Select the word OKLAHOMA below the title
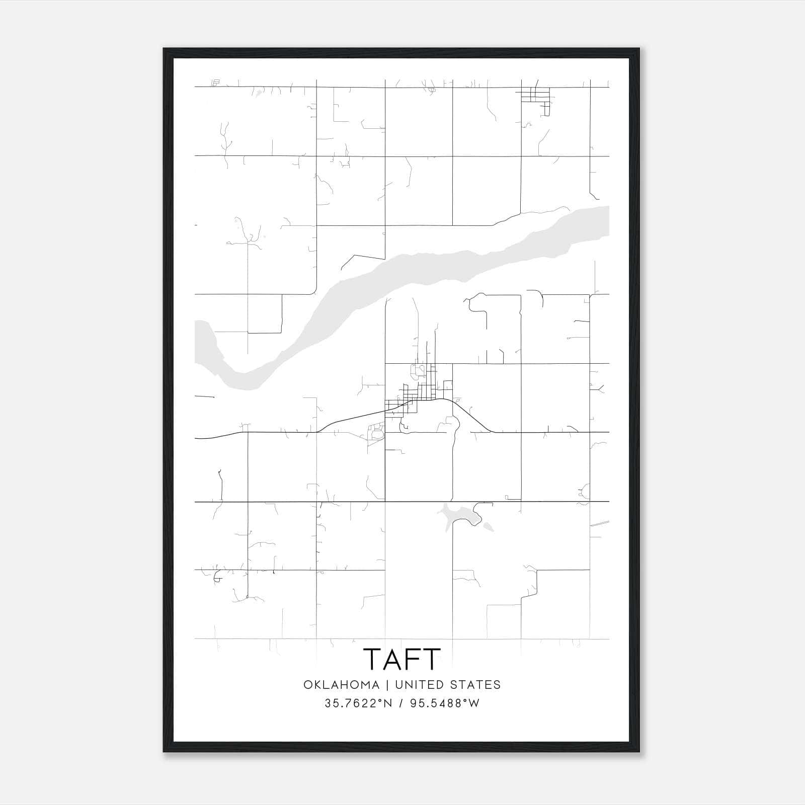[x=341, y=685]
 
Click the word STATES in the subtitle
[x=475, y=685]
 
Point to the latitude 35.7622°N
[x=358, y=703]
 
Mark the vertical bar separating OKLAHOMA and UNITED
[x=387, y=685]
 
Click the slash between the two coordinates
[x=400, y=703]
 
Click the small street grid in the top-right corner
[x=535, y=96]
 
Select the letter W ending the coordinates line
[x=473, y=703]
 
